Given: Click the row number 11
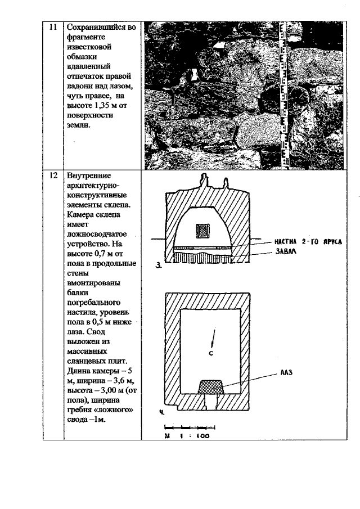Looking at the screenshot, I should (53, 26).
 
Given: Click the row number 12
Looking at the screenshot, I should (53, 175).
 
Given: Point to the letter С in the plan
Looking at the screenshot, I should (210, 354).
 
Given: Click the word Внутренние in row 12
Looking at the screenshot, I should (89, 175).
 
